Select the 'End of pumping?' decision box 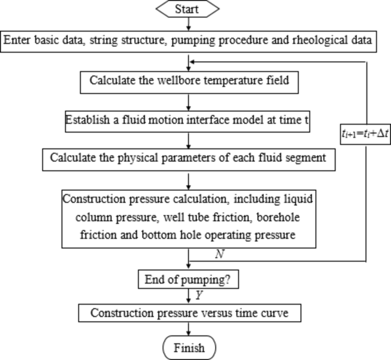point(188,281)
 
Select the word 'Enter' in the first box point(17,40)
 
